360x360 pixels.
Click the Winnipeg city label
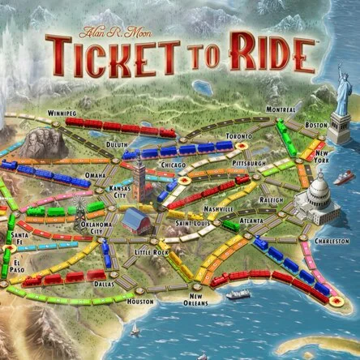point(64,113)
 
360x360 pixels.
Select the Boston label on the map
point(315,126)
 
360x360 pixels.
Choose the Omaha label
point(95,176)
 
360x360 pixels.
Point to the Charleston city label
point(332,240)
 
